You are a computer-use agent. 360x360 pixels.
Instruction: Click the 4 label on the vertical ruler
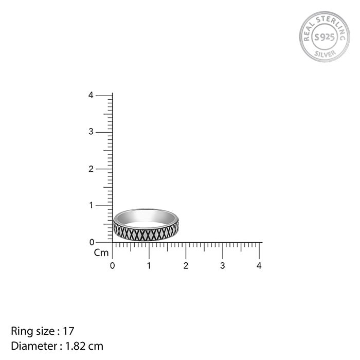[91, 95]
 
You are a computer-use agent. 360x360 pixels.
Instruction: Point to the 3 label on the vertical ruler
[91, 132]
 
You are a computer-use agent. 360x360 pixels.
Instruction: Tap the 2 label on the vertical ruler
[91, 169]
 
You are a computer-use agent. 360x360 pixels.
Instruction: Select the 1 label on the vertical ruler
[91, 205]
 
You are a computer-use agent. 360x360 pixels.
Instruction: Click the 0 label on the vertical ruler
[91, 242]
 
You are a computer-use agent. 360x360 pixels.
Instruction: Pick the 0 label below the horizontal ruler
[113, 266]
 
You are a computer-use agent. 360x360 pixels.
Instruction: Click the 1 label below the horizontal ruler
[149, 266]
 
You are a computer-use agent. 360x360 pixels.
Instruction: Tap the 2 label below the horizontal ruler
[186, 266]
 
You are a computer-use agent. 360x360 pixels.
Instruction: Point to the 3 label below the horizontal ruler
[222, 266]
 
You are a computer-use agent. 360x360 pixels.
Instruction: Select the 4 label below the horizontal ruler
[259, 266]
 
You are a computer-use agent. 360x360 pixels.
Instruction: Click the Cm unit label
[101, 253]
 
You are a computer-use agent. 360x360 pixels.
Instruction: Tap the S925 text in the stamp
[324, 37]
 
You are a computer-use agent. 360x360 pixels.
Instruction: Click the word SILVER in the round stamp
[324, 53]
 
